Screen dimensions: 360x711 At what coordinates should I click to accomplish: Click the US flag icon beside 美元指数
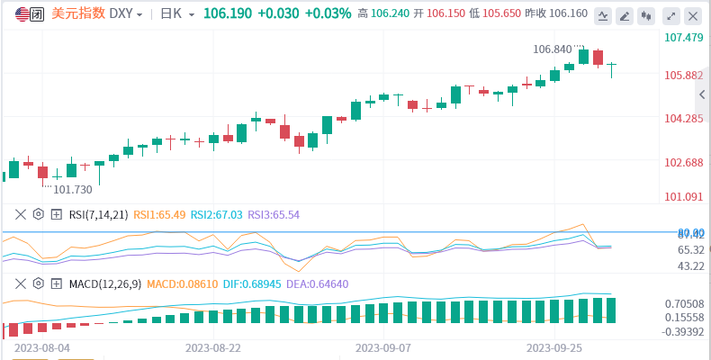pos(21,14)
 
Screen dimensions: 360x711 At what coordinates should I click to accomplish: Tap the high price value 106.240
pos(394,14)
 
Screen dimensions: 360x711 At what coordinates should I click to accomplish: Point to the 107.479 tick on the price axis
pos(683,38)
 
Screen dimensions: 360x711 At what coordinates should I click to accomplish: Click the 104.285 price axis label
pos(683,119)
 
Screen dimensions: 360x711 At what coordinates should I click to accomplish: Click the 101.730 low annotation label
pos(73,190)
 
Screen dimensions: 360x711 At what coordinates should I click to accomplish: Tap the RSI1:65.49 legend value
pos(159,214)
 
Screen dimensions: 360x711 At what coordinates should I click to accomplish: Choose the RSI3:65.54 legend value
pos(274,214)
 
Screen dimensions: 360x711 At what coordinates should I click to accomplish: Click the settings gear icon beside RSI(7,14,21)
pos(38,214)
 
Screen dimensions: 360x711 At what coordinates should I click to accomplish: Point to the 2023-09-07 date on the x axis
pos(383,346)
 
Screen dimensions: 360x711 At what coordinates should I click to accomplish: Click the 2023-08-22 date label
pos(212,346)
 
